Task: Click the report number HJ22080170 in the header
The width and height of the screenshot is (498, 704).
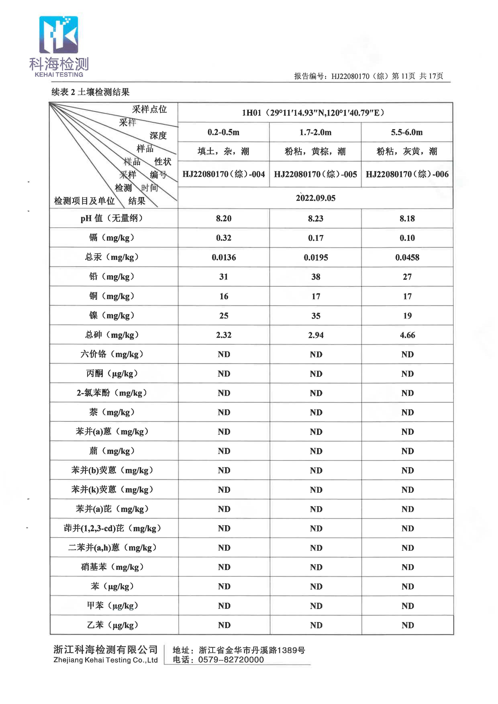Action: click(350, 76)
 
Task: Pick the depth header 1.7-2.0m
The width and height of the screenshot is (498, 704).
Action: click(315, 132)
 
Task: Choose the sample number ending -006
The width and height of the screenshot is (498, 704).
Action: click(407, 174)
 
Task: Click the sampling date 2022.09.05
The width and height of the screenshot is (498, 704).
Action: click(315, 198)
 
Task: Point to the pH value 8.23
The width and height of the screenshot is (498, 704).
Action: click(315, 218)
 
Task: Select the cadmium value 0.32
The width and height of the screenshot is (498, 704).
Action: click(223, 238)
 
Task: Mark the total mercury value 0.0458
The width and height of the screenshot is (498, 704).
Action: click(407, 257)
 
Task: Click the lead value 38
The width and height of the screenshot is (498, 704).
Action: click(315, 277)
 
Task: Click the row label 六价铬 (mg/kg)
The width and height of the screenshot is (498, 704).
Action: click(112, 354)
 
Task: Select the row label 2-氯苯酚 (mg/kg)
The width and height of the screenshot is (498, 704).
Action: click(112, 393)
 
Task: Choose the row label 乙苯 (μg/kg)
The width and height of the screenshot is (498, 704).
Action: click(112, 625)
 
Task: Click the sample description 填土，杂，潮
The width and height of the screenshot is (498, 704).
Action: click(223, 151)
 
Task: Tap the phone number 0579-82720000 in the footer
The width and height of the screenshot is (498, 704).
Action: click(231, 660)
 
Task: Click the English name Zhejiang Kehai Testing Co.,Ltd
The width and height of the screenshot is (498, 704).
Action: click(105, 660)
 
